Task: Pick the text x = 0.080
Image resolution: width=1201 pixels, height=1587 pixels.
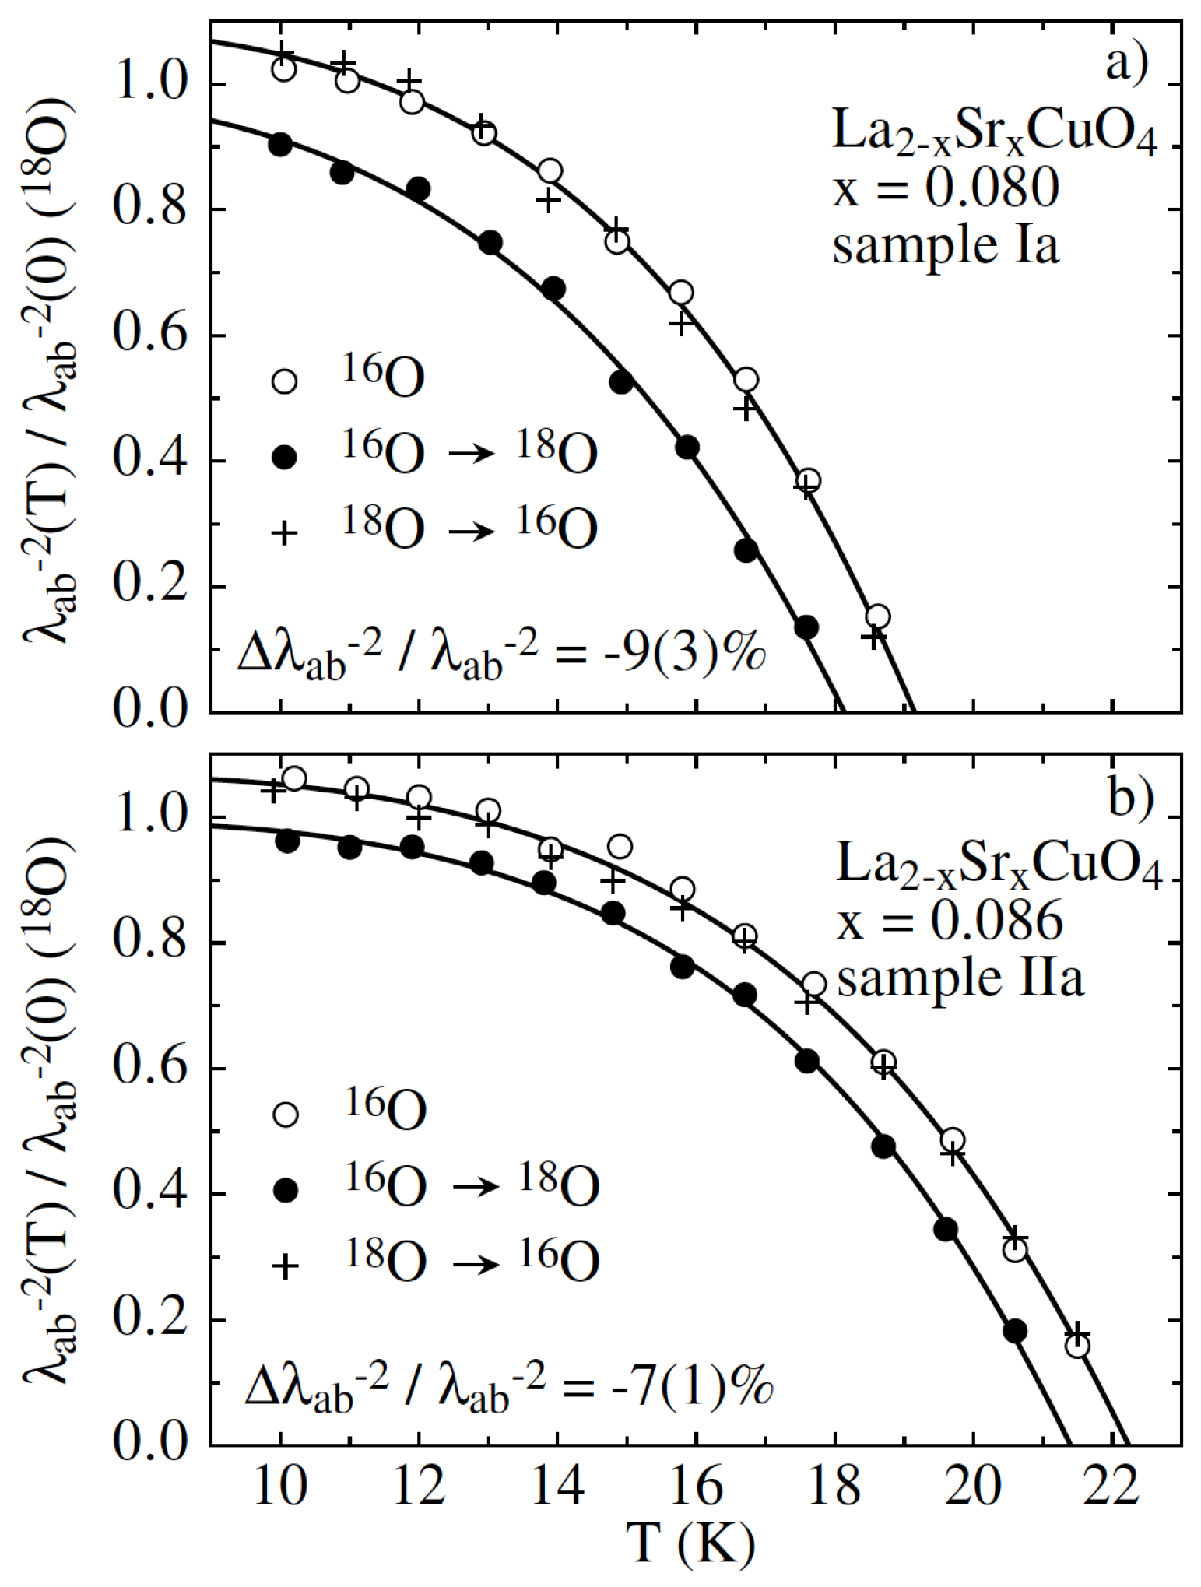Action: (x=946, y=188)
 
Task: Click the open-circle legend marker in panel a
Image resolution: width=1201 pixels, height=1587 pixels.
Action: (x=285, y=381)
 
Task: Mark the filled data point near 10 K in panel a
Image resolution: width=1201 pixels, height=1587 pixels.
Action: (x=280, y=145)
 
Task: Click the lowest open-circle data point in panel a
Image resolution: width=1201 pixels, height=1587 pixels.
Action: (x=877, y=616)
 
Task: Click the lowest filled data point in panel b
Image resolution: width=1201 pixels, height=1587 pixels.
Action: (x=1015, y=1331)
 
